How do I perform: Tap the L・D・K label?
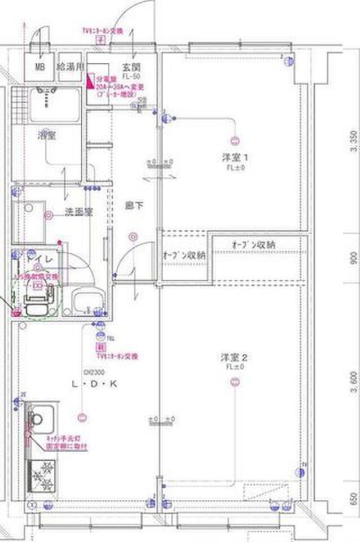(x=94, y=384)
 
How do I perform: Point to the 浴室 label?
(x=46, y=135)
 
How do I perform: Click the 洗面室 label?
(x=78, y=212)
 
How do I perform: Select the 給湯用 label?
(x=71, y=67)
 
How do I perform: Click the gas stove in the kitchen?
(x=42, y=474)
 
